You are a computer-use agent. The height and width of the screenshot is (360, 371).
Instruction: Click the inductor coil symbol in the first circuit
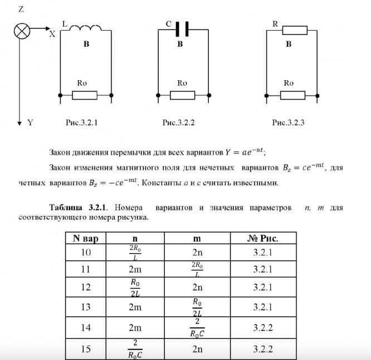click(x=85, y=27)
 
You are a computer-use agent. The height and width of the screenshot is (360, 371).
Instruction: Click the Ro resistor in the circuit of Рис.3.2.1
click(x=85, y=95)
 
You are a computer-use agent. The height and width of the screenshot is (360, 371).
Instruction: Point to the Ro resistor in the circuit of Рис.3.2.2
click(x=182, y=95)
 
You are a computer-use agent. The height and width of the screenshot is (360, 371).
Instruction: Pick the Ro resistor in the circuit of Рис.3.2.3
click(x=292, y=95)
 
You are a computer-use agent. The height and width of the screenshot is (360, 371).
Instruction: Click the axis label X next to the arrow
click(x=52, y=34)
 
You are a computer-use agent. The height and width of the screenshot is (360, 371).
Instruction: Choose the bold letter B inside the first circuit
click(x=86, y=44)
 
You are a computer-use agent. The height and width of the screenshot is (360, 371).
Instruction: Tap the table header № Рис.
click(x=262, y=238)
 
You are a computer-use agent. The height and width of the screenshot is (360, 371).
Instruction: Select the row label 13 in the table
click(x=85, y=307)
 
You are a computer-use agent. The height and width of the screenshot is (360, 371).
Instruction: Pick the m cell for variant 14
click(x=198, y=327)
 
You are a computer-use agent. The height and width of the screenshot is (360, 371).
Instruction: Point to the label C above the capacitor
click(x=169, y=24)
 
